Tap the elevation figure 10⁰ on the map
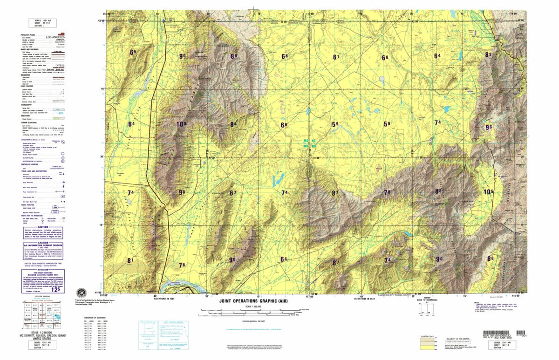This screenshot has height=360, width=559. coord(181,124)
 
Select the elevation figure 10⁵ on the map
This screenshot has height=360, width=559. coord(488,192)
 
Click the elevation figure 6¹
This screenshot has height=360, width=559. coord(336,57)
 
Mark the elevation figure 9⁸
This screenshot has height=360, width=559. coord(182,192)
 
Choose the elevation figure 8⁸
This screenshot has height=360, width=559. coord(490,258)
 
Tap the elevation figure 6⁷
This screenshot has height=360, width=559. coord(233,193)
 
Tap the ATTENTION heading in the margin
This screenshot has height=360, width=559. coord(43,270)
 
